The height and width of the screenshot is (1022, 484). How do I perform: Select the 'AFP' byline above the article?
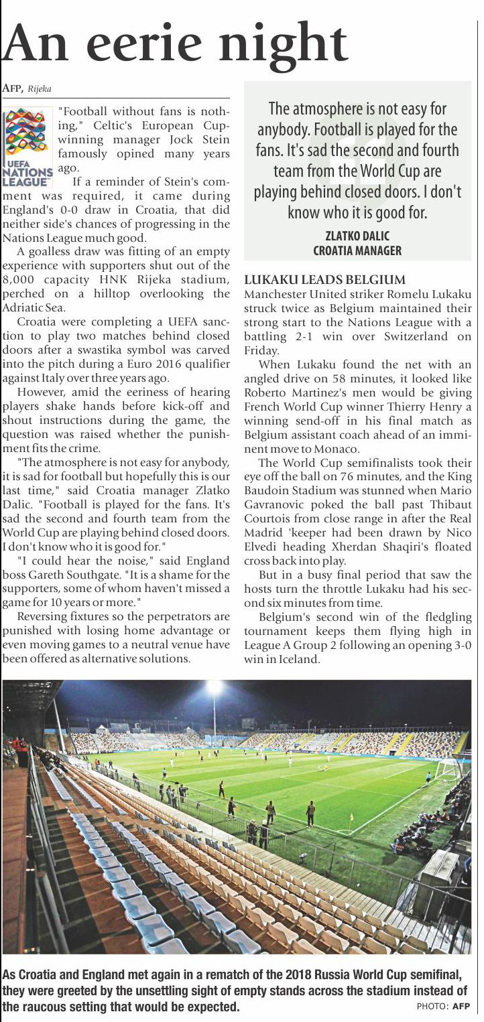(x=13, y=88)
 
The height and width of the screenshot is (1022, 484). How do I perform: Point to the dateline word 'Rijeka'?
(x=40, y=88)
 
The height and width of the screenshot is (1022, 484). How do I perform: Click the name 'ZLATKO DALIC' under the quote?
(x=357, y=236)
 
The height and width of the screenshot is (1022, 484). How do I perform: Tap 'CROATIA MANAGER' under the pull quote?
(x=357, y=250)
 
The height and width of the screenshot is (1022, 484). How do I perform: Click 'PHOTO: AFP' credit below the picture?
(x=443, y=1007)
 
